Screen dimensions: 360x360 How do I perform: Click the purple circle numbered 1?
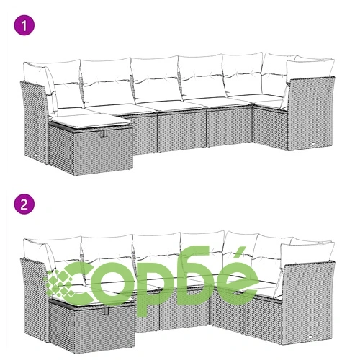point(24,25)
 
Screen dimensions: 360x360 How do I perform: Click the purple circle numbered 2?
point(24,204)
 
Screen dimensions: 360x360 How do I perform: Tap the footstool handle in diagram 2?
point(105,311)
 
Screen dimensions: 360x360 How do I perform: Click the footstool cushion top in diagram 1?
point(90,121)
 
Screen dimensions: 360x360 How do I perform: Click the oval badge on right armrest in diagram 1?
point(314,143)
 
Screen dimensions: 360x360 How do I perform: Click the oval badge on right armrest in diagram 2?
point(312,336)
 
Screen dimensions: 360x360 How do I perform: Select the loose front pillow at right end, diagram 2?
point(307,255)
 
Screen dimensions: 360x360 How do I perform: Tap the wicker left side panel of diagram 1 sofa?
point(34,121)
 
